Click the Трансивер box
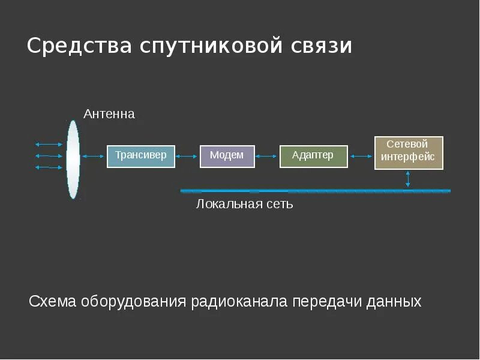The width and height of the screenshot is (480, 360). [x=141, y=156]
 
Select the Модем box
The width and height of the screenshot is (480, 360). [x=227, y=156]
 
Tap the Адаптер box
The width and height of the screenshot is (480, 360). [x=314, y=156]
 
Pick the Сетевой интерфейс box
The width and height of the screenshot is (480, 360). [x=409, y=153]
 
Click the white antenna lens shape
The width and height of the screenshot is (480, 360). [x=73, y=159]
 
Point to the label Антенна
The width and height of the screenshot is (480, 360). [x=109, y=114]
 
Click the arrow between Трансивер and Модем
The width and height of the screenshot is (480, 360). [x=187, y=157]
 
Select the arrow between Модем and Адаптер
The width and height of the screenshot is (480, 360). [x=267, y=157]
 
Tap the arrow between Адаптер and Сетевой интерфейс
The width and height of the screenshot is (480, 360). [x=361, y=157]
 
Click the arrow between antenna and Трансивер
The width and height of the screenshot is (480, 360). [x=93, y=157]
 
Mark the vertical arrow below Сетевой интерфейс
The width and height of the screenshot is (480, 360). [x=408, y=179]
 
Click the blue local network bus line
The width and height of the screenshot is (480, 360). [x=315, y=191]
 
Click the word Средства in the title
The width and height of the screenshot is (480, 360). [x=80, y=46]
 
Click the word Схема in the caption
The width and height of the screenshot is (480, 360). [x=53, y=301]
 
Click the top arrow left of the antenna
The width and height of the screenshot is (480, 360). [x=49, y=145]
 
